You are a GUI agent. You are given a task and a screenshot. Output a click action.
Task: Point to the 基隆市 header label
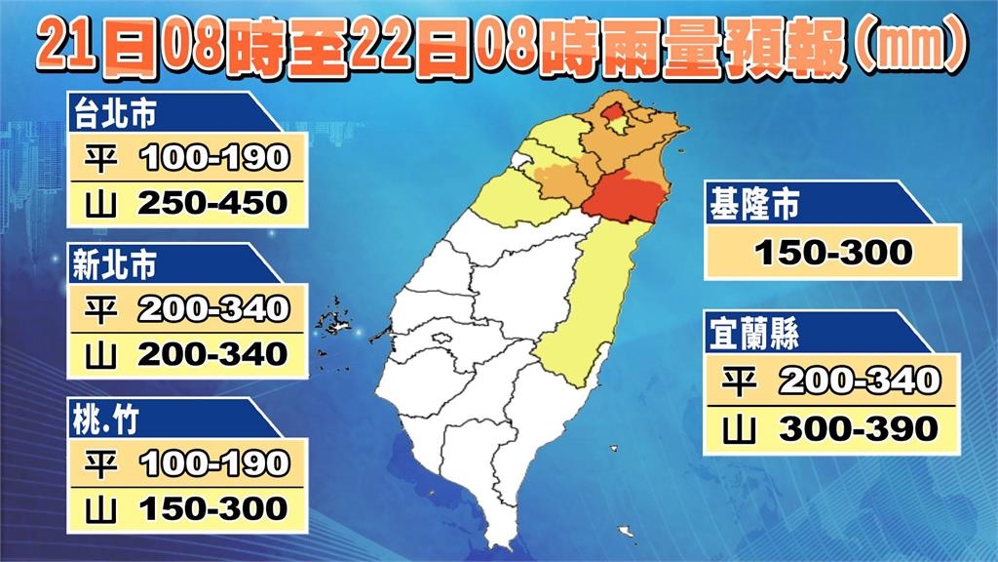(x=756, y=208)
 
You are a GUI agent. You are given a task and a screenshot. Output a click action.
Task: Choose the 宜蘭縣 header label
(x=756, y=335)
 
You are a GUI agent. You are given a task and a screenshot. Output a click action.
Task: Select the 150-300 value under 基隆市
(x=834, y=254)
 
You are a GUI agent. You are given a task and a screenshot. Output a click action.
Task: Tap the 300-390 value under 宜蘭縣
(x=859, y=426)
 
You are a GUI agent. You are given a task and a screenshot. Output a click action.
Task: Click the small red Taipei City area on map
(x=612, y=114)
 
